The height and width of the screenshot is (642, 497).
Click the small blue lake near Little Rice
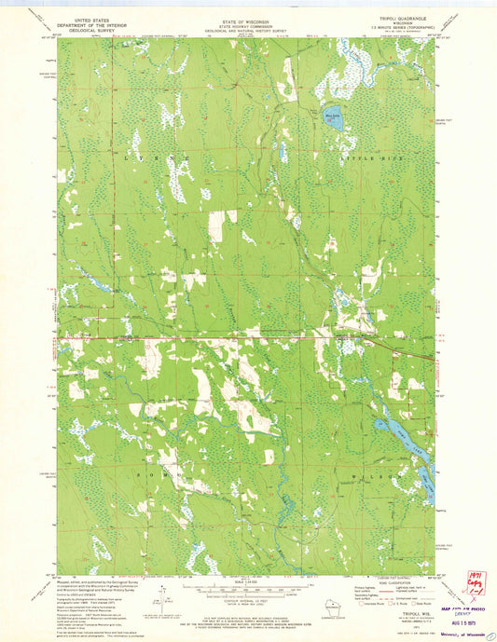(x=333, y=119)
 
